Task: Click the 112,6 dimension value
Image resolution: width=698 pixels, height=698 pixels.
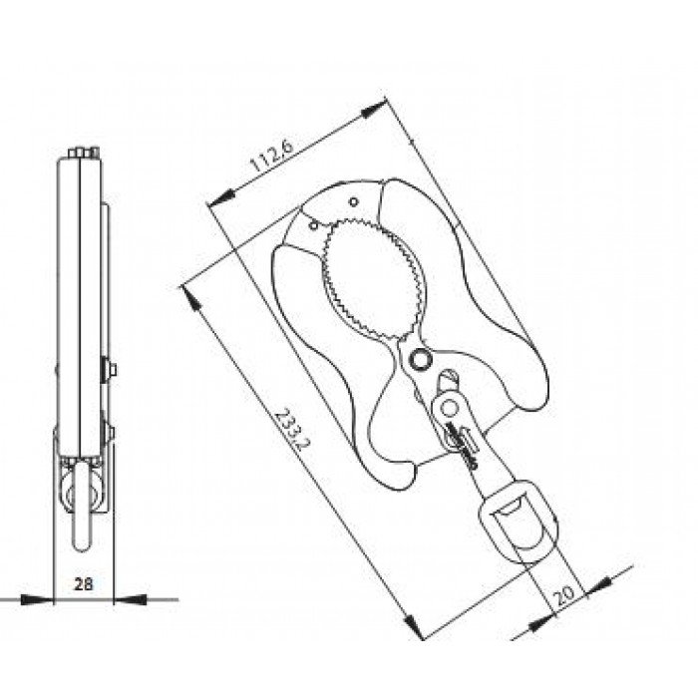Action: (x=272, y=157)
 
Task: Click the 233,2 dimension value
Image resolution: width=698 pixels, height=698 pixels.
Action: (x=290, y=430)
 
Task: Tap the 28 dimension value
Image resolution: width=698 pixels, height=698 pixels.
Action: (x=83, y=583)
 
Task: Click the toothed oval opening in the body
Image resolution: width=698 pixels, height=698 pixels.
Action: (x=373, y=279)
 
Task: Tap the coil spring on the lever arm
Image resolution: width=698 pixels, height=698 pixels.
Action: (x=462, y=445)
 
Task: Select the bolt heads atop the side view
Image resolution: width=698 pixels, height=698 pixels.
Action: (x=83, y=153)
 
